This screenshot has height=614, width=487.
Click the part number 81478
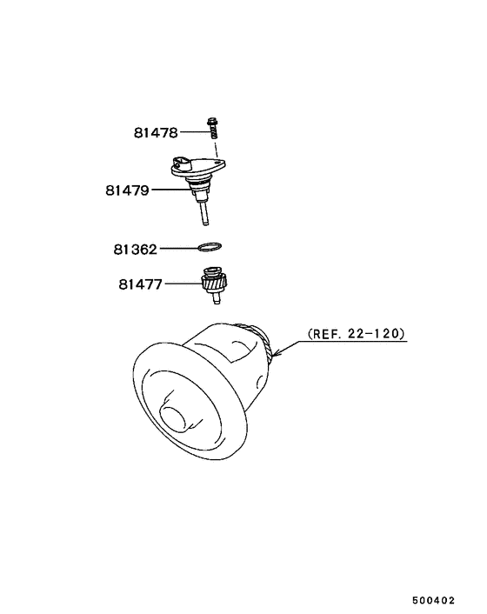tap(156, 133)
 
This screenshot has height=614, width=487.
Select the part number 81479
tap(127, 190)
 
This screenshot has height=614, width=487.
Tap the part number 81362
tap(136, 249)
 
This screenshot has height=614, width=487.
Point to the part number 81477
tap(140, 284)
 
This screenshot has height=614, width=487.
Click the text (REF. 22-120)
tap(357, 334)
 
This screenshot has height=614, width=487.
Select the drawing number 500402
tap(434, 600)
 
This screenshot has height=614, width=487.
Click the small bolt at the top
tap(212, 128)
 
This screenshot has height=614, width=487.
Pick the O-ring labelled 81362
tap(210, 247)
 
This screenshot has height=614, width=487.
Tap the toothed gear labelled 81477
tap(215, 282)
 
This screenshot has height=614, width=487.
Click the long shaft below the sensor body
tap(204, 212)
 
